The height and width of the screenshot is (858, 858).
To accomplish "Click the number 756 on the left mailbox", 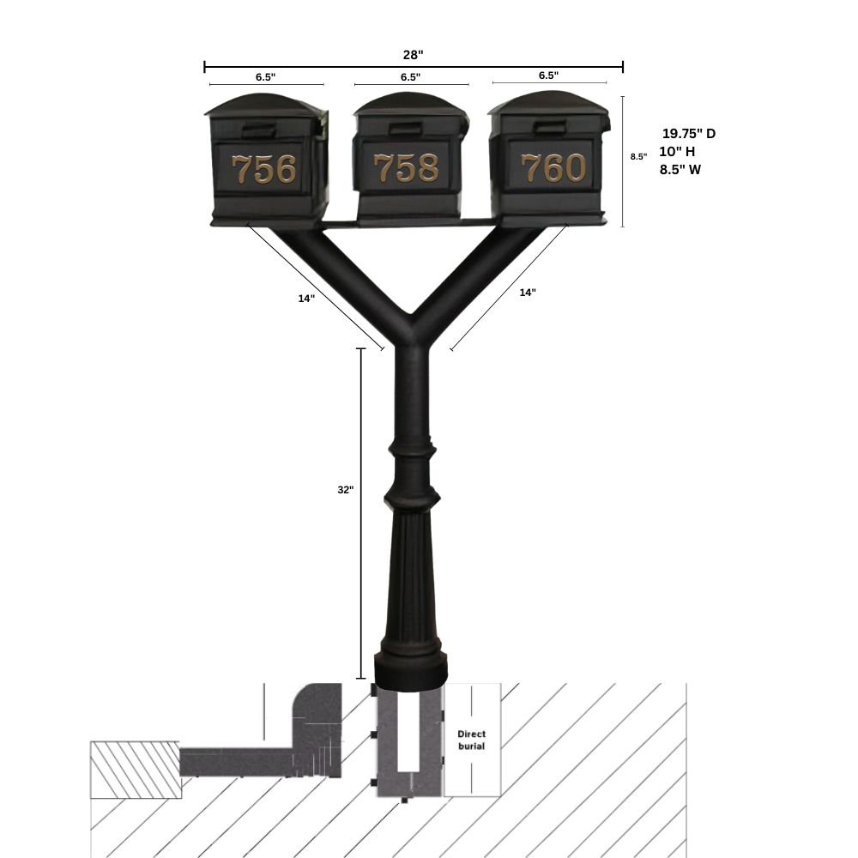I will point(265,169).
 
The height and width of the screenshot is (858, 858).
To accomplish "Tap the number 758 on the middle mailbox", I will point(407,168).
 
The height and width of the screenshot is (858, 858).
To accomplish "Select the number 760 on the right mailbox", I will point(553,168).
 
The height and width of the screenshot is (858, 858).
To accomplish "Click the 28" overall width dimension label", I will point(413,55).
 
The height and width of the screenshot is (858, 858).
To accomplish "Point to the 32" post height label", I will point(345,490).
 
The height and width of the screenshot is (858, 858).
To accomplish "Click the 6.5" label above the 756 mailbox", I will point(265,76).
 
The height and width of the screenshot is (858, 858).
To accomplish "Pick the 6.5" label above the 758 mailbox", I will point(410,76).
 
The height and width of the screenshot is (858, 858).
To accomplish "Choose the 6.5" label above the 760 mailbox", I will point(548,76).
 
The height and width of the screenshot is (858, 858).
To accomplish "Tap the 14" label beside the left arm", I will point(306,299).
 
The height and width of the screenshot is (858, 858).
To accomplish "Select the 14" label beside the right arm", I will point(528,293).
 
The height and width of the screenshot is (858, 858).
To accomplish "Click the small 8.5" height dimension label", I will point(638,157).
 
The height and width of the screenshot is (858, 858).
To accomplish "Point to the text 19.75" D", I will point(688,134).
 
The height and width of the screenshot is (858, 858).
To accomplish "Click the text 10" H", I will point(677,152).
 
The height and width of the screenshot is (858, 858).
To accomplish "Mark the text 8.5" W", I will point(680,170).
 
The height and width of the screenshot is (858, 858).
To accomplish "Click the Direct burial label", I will point(471,740).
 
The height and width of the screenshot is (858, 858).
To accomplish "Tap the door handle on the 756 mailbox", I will point(258,130).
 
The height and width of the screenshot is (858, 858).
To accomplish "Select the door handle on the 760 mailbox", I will point(550,129).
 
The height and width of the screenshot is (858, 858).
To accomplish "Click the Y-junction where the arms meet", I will point(412,335).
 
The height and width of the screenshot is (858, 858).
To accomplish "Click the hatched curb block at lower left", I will point(136,770).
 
